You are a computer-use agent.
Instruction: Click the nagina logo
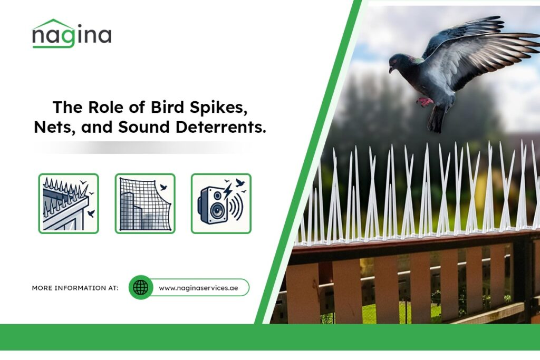click(72, 34)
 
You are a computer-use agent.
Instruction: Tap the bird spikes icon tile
click(69, 203)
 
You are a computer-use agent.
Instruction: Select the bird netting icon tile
click(145, 203)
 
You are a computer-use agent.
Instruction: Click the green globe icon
click(140, 287)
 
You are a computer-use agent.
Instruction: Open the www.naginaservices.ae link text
click(198, 288)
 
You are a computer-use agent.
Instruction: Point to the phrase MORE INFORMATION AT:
click(75, 288)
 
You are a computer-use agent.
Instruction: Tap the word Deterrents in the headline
click(221, 127)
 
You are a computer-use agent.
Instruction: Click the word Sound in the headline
click(144, 127)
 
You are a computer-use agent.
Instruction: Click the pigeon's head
click(399, 63)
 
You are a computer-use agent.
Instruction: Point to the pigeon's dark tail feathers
click(436, 119)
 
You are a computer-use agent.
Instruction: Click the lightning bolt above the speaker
click(227, 191)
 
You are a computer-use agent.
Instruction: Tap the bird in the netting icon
click(163, 187)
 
